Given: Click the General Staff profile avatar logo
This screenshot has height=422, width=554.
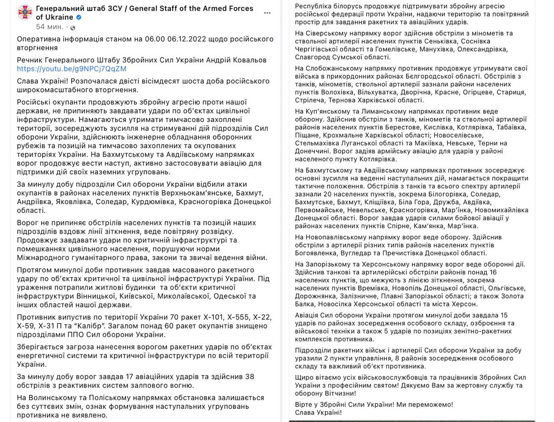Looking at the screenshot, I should tap(25, 13).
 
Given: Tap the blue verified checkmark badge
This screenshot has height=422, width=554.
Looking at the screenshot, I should tap(79, 17).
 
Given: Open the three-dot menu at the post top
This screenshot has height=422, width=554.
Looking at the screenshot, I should tap(267, 13).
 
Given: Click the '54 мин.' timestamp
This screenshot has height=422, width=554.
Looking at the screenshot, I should tap(49, 27).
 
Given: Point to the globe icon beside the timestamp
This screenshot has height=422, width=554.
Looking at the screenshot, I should tap(73, 28).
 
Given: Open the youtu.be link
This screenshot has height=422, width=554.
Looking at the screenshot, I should tap(71, 68).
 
